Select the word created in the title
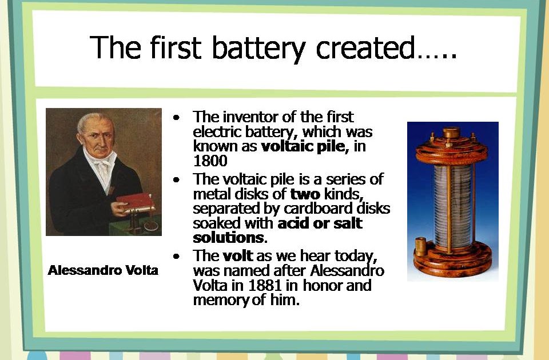tap(366, 47)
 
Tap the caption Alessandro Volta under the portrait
tap(103, 270)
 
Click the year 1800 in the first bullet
tap(210, 161)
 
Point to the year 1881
tap(265, 286)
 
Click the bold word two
tap(305, 194)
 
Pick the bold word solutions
tap(228, 238)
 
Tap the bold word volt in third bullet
tap(238, 256)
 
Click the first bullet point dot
tap(176, 117)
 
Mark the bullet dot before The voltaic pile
tap(176, 180)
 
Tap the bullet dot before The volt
tap(176, 257)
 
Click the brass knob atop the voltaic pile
tap(452, 133)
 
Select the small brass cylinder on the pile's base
tap(420, 246)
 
